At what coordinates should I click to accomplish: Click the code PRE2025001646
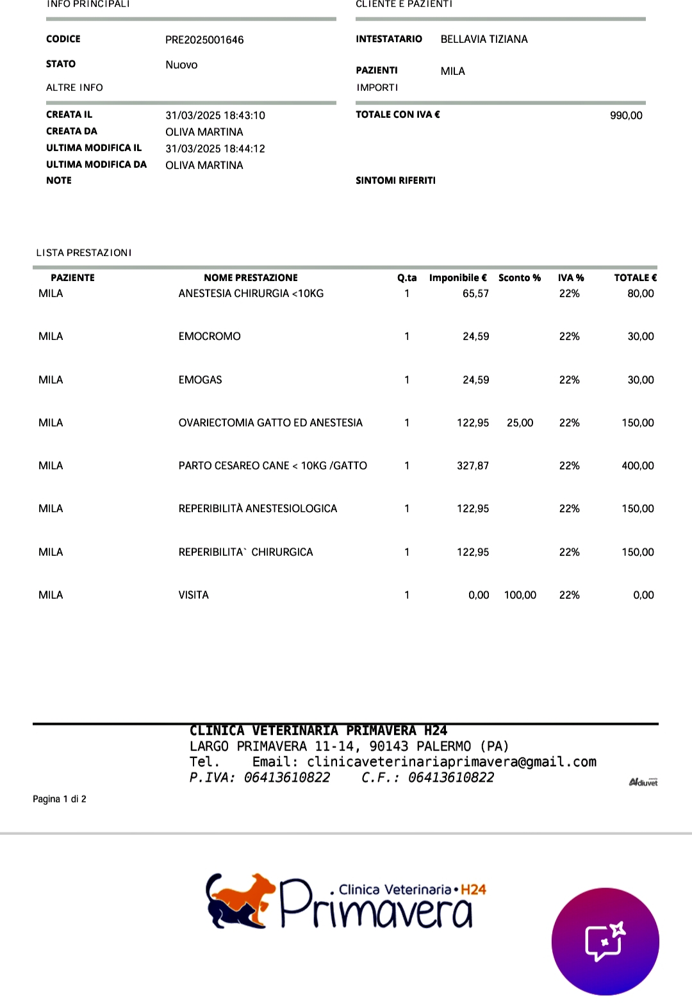pyautogui.click(x=204, y=40)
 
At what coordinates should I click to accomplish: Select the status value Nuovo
pyautogui.click(x=181, y=65)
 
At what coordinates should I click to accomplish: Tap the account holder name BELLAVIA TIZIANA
pyautogui.click(x=484, y=39)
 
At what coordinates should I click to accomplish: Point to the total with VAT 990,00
pyautogui.click(x=625, y=115)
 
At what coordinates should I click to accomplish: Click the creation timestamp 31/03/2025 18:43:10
pyautogui.click(x=215, y=115)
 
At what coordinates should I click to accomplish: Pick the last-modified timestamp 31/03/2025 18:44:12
pyautogui.click(x=215, y=149)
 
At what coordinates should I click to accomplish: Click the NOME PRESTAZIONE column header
pyautogui.click(x=251, y=278)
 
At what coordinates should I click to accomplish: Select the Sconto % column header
pyautogui.click(x=519, y=278)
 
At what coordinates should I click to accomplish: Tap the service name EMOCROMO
pyautogui.click(x=210, y=336)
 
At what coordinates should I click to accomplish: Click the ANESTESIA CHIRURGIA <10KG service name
pyautogui.click(x=251, y=293)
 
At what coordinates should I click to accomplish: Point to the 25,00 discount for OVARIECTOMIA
pyautogui.click(x=520, y=423)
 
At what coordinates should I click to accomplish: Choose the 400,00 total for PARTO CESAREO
pyautogui.click(x=638, y=466)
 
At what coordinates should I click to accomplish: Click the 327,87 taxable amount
pyautogui.click(x=472, y=466)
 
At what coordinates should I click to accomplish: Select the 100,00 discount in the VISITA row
pyautogui.click(x=520, y=595)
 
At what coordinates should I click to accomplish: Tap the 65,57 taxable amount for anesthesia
pyautogui.click(x=475, y=293)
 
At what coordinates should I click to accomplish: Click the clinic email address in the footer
pyautogui.click(x=451, y=762)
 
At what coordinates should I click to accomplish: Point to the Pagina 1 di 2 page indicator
pyautogui.click(x=60, y=799)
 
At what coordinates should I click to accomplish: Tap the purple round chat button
pyautogui.click(x=605, y=941)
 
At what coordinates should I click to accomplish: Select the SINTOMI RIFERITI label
pyautogui.click(x=395, y=181)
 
